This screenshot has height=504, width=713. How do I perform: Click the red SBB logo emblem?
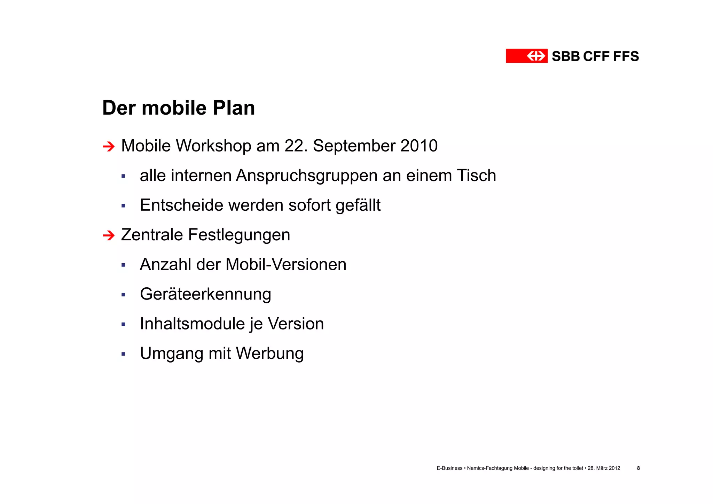coord(526,56)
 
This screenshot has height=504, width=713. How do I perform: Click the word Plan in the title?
coord(234,108)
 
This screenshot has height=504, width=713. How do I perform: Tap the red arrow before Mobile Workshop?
coord(109,146)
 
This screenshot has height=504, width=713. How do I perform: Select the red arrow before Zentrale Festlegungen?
coord(109,235)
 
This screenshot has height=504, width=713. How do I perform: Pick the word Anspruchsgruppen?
coord(307,176)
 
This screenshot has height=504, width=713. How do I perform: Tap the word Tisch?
coord(476,175)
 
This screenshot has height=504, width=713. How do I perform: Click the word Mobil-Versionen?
coord(286,264)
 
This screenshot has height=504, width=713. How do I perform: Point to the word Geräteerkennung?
coord(205,294)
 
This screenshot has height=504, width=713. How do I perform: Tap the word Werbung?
coord(270,354)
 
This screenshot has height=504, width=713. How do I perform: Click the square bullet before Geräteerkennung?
coord(123,295)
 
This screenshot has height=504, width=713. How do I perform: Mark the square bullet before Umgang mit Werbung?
coord(123,354)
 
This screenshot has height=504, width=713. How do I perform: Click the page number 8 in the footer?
coord(638,468)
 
